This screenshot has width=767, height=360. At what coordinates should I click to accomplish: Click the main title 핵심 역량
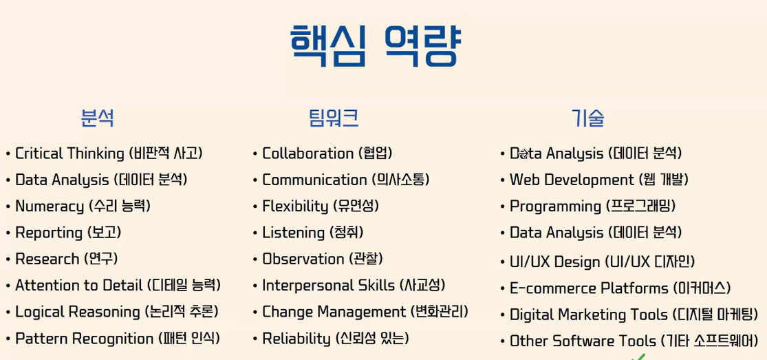click(376, 45)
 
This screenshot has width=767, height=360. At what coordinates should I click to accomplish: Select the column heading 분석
click(98, 118)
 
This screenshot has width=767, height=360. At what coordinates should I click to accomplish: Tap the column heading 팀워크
click(334, 118)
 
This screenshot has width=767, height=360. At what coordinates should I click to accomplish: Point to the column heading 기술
click(587, 118)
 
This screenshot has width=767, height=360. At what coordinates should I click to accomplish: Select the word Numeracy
click(50, 207)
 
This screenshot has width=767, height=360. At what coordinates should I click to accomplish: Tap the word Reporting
click(49, 233)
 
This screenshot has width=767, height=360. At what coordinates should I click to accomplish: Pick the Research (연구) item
click(67, 259)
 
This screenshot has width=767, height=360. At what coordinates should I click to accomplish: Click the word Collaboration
click(307, 153)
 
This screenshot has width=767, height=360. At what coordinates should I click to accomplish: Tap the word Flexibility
click(295, 207)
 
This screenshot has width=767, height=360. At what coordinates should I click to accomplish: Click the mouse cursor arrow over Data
click(523, 153)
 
